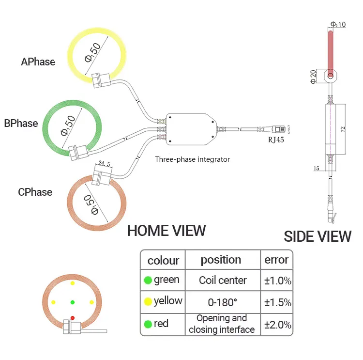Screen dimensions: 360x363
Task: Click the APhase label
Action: click(38, 62)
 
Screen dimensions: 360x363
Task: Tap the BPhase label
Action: click(21, 124)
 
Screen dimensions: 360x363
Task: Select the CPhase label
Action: click(35, 192)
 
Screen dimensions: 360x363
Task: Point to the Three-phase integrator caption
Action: click(193, 159)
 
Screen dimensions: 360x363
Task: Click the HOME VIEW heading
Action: click(166, 231)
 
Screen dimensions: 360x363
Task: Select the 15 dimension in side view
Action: click(317, 168)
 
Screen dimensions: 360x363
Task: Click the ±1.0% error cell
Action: click(277, 281)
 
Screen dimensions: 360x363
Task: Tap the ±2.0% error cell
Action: click(277, 324)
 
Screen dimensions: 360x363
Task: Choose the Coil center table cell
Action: click(223, 281)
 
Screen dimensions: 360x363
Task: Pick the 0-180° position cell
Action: click(223, 302)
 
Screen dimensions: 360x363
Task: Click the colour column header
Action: click(163, 260)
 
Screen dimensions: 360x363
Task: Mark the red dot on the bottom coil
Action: click(73, 318)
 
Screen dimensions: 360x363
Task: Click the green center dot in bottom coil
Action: click(73, 302)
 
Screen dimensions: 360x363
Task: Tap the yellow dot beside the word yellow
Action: click(148, 302)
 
